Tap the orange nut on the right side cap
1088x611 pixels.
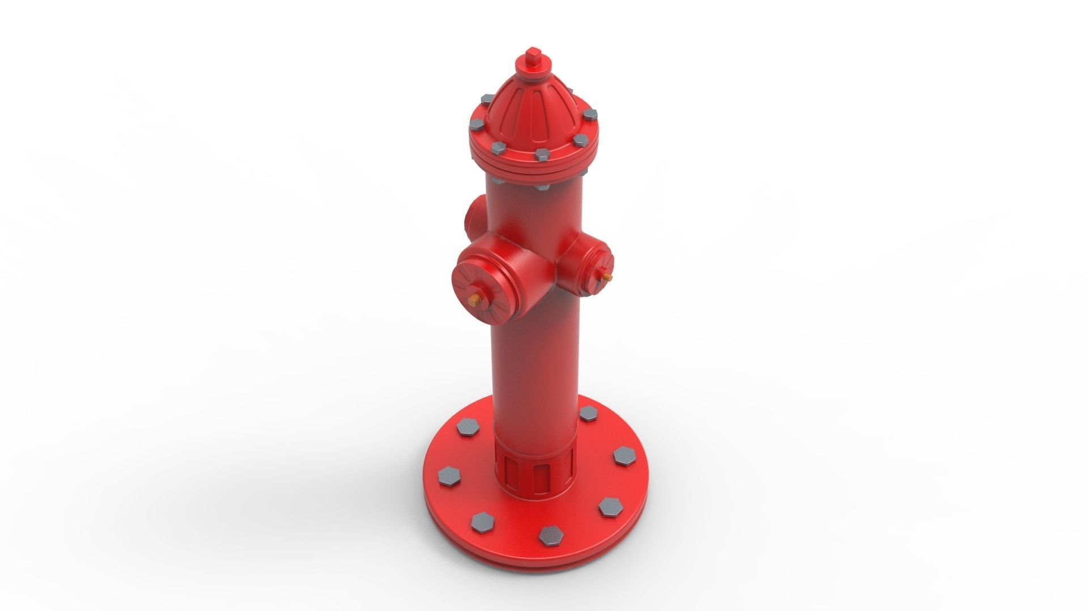[x=607, y=277]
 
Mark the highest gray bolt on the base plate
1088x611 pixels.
[x=588, y=414]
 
